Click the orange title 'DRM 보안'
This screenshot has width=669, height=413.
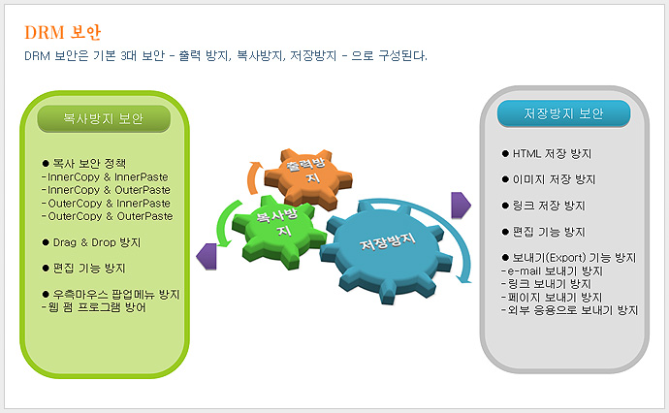pyautogui.click(x=63, y=32)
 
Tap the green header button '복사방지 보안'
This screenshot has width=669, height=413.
pyautogui.click(x=104, y=118)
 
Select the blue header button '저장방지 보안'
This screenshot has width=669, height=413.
pyautogui.click(x=563, y=113)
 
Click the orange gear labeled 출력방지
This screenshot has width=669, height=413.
pyautogui.click(x=308, y=177)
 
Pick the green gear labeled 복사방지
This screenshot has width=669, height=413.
pyautogui.click(x=277, y=231)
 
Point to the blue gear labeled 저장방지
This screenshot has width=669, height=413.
pyautogui.click(x=387, y=252)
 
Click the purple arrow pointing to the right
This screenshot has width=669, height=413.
pyautogui.click(x=461, y=206)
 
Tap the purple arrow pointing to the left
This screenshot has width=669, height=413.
pyautogui.click(x=207, y=256)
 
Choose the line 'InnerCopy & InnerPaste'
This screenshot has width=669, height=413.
pyautogui.click(x=105, y=177)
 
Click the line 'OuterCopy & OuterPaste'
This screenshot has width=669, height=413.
pyautogui.click(x=107, y=216)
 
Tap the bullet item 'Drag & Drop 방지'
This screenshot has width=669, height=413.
pyautogui.click(x=91, y=242)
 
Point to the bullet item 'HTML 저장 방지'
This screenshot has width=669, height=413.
pyautogui.click(x=547, y=153)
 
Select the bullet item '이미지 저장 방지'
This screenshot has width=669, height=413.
pyautogui.click(x=549, y=179)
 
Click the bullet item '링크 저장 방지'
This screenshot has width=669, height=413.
pyautogui.click(x=544, y=206)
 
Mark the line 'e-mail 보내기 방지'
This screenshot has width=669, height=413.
pyautogui.click(x=552, y=270)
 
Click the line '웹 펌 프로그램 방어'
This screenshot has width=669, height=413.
pyautogui.click(x=94, y=307)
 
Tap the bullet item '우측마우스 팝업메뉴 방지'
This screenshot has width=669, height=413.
pyautogui.click(x=111, y=295)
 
